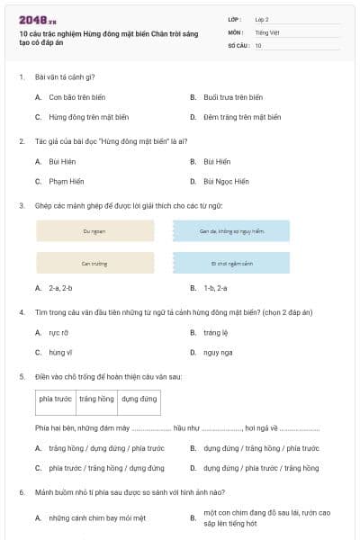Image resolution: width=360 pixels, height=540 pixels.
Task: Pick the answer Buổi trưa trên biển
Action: coord(233,97)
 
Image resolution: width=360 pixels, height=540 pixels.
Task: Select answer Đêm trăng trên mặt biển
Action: coord(242,117)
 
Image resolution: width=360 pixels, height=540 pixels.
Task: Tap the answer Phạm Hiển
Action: coord(67,181)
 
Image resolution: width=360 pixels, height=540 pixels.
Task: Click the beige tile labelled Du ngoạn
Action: coord(94,231)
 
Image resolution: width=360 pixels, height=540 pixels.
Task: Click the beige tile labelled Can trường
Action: coord(94,264)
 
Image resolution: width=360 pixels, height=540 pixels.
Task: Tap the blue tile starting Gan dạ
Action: coord(231,231)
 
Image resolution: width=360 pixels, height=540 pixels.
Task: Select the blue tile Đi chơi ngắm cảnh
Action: coord(231,264)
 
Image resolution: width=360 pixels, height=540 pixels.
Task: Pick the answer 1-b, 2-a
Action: coord(215,288)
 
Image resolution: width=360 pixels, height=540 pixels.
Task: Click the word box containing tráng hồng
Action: coord(96,399)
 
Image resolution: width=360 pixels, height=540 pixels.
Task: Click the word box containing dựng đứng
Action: coord(139,399)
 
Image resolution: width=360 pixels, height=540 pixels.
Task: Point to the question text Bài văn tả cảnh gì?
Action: coord(65,77)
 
